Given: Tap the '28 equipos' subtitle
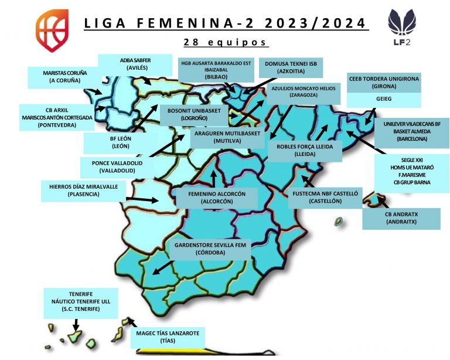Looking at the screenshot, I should point(226,42).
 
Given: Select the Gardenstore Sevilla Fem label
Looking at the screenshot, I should point(209,248).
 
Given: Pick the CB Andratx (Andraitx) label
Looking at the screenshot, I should point(401,218).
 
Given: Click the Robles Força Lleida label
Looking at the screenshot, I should point(305,150).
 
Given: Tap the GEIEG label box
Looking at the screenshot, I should point(384,100).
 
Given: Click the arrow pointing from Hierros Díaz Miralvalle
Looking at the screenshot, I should point(144,199).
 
